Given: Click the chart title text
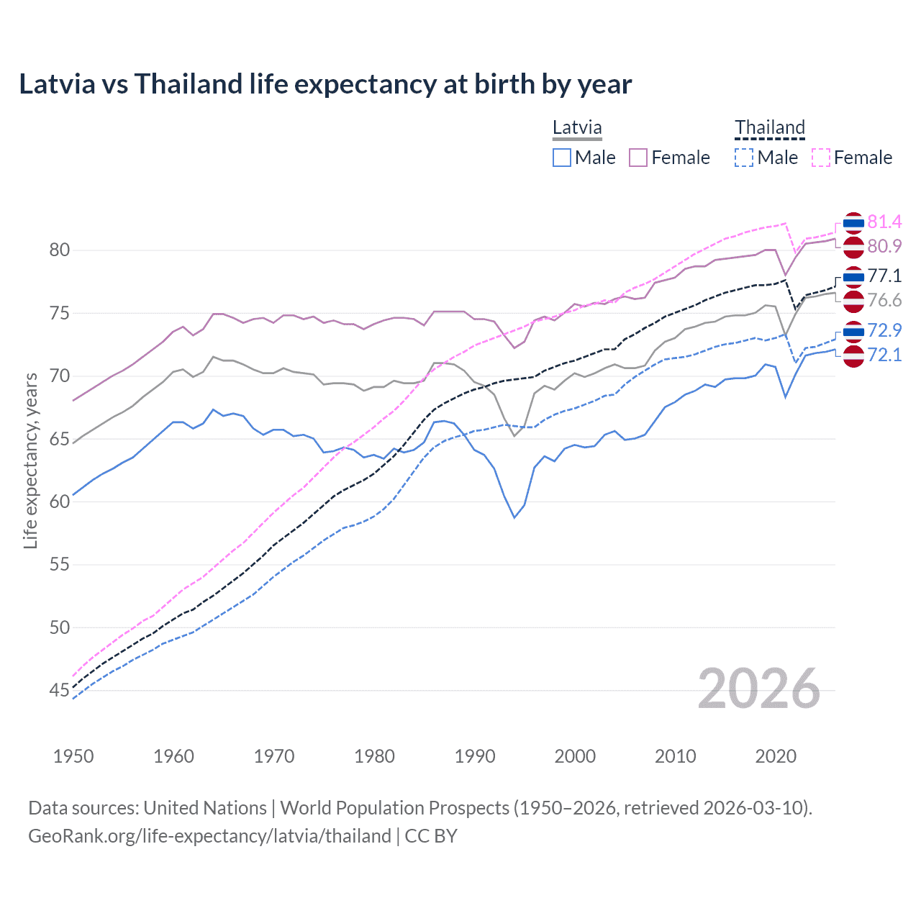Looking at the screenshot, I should [325, 84].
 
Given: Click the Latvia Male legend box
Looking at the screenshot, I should [562, 158].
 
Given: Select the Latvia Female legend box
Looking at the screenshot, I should [638, 158].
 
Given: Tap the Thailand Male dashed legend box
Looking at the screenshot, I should [744, 158].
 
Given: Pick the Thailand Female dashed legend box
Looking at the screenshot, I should [821, 158].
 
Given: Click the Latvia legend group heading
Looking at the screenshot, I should [577, 128].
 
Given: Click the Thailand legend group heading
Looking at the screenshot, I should [769, 128].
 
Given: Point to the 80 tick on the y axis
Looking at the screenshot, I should [60, 250].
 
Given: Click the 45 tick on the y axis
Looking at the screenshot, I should [60, 691].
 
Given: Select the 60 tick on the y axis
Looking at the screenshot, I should [60, 502].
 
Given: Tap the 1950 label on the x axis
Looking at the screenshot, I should [73, 756].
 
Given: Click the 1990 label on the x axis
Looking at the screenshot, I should [475, 756].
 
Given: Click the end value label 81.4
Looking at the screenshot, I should [884, 222].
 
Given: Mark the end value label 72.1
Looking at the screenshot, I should [884, 355].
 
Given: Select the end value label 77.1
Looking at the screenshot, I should [884, 276].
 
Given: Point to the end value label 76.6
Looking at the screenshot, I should [884, 301].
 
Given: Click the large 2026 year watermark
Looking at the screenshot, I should [759, 689].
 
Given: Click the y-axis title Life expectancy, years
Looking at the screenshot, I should [30, 460].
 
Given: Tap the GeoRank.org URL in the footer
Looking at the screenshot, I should [209, 836].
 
